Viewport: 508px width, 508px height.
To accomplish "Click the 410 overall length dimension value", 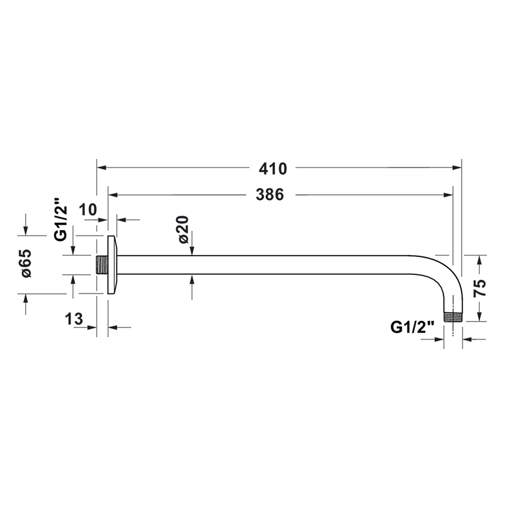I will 273,169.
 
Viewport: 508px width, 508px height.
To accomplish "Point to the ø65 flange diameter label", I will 26,264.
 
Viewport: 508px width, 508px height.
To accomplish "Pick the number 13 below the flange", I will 75,319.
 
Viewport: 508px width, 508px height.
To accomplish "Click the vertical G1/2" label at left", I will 61,219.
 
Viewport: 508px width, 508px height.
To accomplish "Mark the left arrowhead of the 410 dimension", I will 102,169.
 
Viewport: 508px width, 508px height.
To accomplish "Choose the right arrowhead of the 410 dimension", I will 457,169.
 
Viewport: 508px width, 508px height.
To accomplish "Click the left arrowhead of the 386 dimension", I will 112,195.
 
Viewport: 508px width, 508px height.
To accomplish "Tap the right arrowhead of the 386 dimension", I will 448,195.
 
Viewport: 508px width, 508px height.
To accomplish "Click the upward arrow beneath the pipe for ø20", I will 192,279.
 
